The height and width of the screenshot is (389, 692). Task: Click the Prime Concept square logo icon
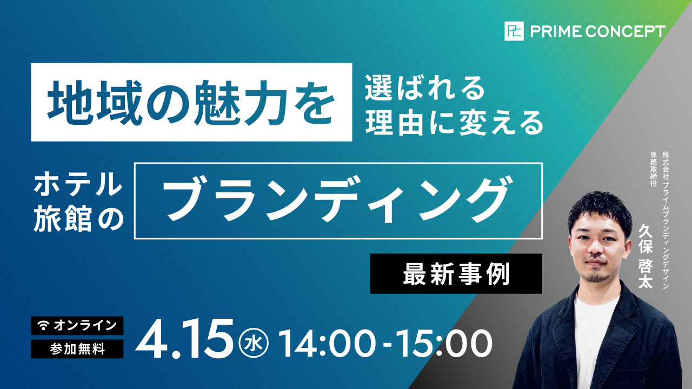coord(514,31)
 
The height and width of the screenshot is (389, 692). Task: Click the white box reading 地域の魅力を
coord(191,102)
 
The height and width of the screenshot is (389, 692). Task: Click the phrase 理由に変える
coord(454,124)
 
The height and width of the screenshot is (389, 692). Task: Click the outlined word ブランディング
coord(338,200)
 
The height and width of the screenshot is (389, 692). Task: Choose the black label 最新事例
coord(456,274)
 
